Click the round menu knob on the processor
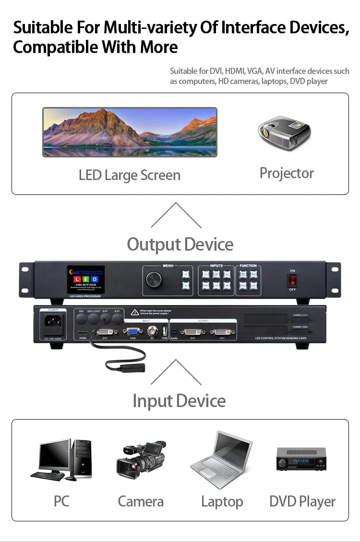point(156,279)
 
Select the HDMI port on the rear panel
point(82,332)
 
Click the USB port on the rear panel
point(165,331)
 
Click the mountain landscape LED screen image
point(130,132)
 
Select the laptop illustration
point(221,459)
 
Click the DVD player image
point(301,459)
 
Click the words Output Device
point(180,244)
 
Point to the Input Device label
point(179,401)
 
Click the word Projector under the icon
point(287,173)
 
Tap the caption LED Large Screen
point(130,175)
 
